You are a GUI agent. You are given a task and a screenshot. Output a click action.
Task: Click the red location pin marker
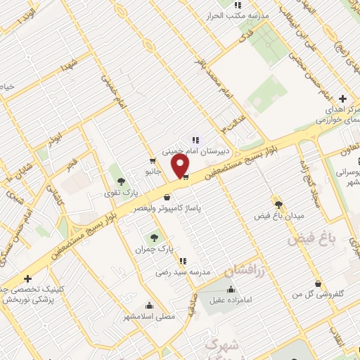181,166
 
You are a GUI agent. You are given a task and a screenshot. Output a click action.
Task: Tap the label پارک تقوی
117,191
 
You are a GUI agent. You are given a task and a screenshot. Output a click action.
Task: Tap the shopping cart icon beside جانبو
153,161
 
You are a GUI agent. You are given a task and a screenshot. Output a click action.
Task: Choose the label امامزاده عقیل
231,300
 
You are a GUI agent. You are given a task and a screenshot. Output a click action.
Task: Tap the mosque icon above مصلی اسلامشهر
149,306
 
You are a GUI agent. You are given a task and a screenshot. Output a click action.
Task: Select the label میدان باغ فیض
278,214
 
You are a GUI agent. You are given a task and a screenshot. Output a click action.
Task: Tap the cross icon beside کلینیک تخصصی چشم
27,278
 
